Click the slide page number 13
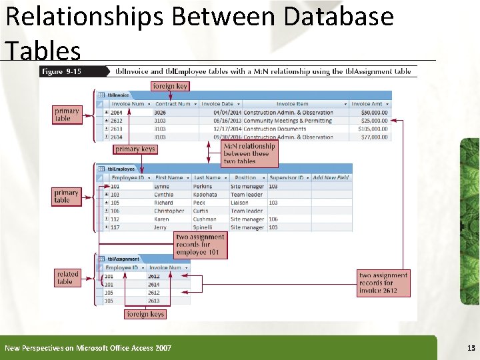471,348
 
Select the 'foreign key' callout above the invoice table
170,86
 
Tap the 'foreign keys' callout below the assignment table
145,314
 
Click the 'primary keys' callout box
135,149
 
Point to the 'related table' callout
67,277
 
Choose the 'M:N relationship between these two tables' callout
249,153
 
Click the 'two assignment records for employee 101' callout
200,245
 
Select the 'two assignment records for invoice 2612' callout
383,283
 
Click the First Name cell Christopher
169,211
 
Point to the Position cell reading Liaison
239,203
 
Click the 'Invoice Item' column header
293,104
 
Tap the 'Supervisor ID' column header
287,178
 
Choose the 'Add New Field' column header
331,178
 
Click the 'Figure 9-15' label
61,71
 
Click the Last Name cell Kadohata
205,195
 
